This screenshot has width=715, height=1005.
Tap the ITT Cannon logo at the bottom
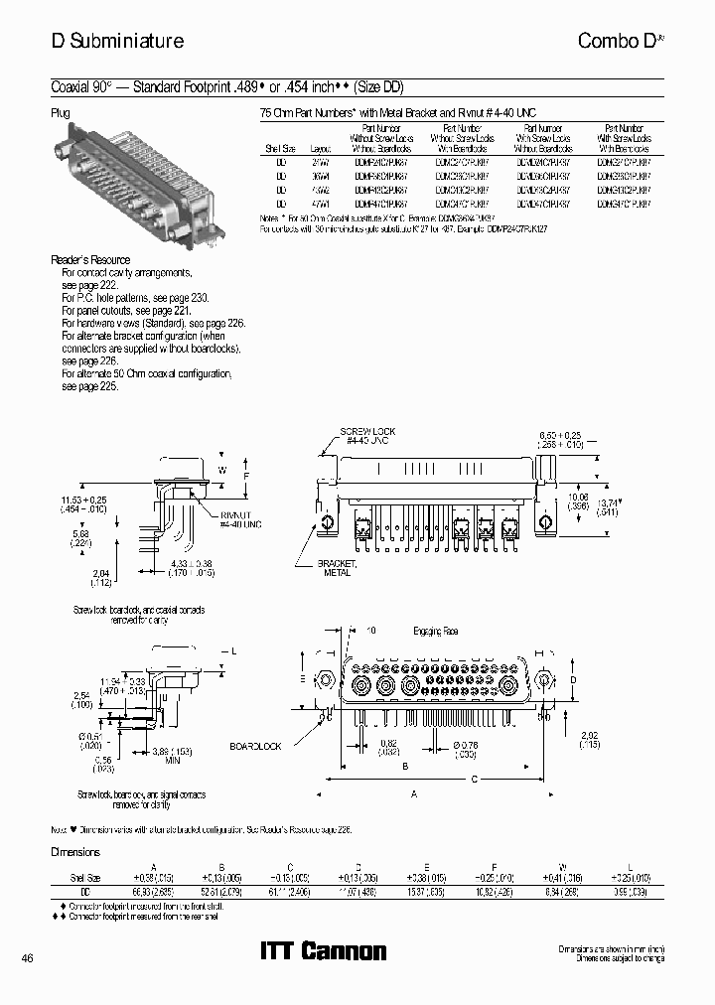point(323,950)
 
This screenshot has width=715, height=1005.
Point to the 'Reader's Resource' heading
point(90,260)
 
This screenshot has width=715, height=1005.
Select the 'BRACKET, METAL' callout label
point(337,567)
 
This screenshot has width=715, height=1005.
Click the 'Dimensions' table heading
point(75,852)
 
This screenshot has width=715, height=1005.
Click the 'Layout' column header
point(320,147)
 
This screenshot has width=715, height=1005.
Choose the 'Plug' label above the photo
point(61,113)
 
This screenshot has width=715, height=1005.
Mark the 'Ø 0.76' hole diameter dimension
point(466,745)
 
